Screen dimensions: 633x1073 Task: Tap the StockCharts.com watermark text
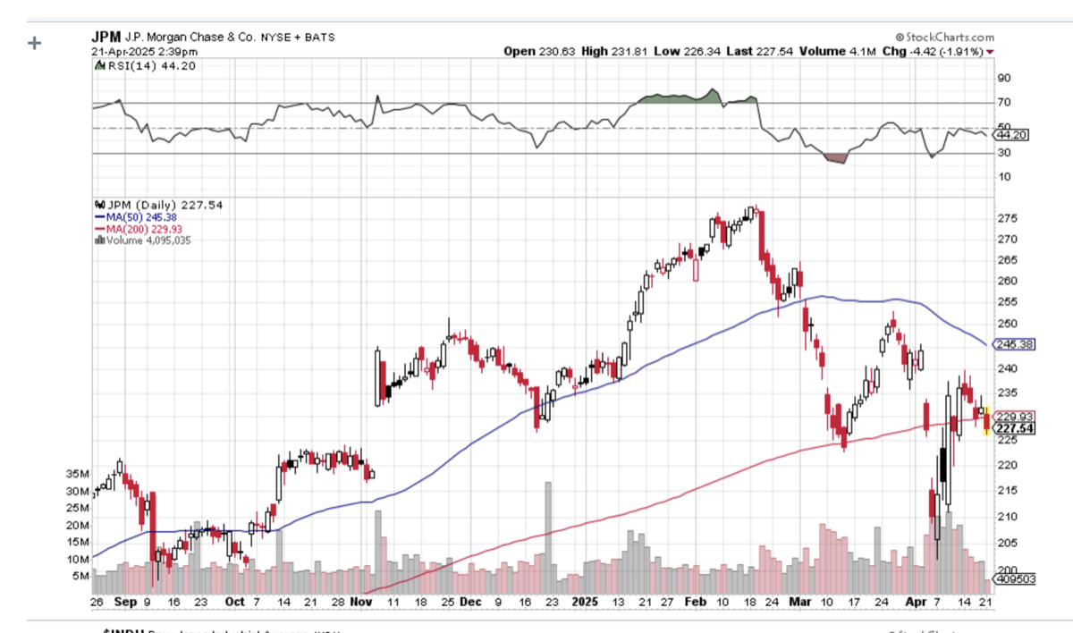click(x=946, y=37)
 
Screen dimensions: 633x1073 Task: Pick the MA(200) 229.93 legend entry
click(x=139, y=228)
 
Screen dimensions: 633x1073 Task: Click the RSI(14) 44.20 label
click(x=144, y=65)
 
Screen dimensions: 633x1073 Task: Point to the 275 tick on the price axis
click(x=1008, y=219)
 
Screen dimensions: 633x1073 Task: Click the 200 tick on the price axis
click(x=1007, y=569)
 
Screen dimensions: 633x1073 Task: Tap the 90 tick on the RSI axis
click(x=1003, y=78)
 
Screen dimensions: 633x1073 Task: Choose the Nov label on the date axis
click(x=361, y=602)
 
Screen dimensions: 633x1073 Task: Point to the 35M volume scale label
click(x=78, y=474)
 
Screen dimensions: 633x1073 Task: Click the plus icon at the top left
click(x=35, y=42)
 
